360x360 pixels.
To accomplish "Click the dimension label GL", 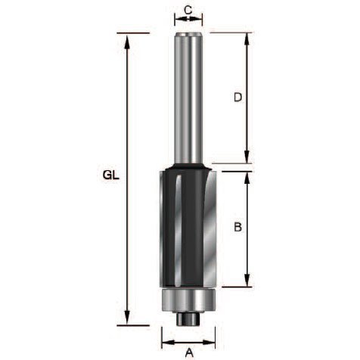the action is (x=111, y=175).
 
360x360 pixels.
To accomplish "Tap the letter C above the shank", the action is (x=188, y=10).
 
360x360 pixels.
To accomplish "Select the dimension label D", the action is (x=237, y=98).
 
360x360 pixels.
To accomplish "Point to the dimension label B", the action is (x=237, y=227).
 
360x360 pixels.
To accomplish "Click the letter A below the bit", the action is (x=189, y=352).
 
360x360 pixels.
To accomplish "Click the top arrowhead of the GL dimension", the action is (x=127, y=42).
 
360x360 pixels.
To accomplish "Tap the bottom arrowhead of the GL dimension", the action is (x=127, y=317).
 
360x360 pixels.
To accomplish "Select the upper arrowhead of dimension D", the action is (x=247, y=41).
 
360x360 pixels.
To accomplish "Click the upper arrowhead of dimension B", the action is (x=248, y=180).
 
